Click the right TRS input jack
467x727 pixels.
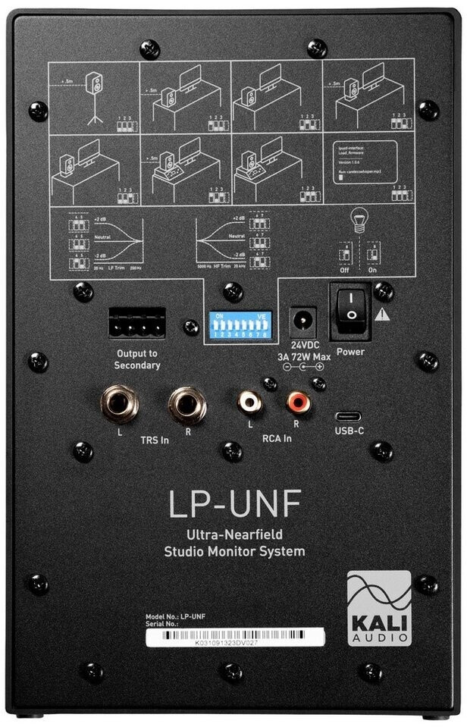click(x=186, y=404)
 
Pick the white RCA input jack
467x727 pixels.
click(x=249, y=403)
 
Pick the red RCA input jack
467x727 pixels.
click(x=296, y=403)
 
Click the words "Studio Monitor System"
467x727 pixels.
click(x=234, y=550)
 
